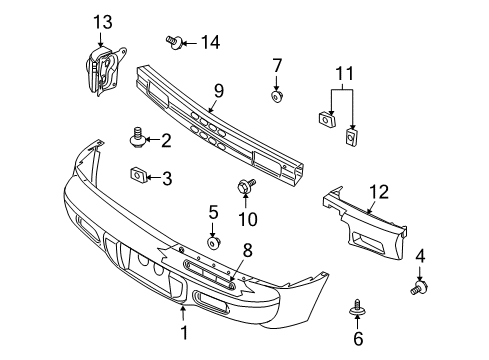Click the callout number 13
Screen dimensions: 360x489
(104, 22)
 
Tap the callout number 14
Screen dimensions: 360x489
(209, 41)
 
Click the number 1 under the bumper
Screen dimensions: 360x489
(183, 335)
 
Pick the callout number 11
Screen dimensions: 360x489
(344, 73)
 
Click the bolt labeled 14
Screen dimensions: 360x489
(175, 42)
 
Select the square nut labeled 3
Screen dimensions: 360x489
(138, 177)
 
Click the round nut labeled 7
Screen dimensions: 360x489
(277, 97)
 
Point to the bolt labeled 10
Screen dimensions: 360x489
(244, 186)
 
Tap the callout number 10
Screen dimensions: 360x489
(247, 218)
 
